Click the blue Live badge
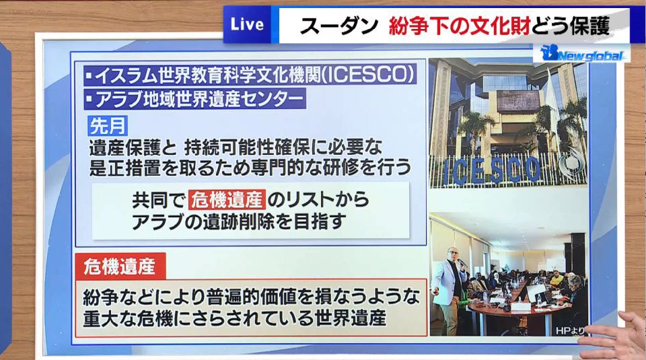coord(247,25)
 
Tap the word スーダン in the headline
coord(338,26)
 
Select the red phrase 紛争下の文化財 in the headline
coord(460,26)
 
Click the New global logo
coord(581,54)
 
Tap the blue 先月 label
coord(108,126)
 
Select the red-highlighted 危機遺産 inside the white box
coord(227,200)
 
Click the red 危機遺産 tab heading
coord(120,266)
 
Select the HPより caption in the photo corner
coord(570,330)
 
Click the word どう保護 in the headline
coord(571,26)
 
